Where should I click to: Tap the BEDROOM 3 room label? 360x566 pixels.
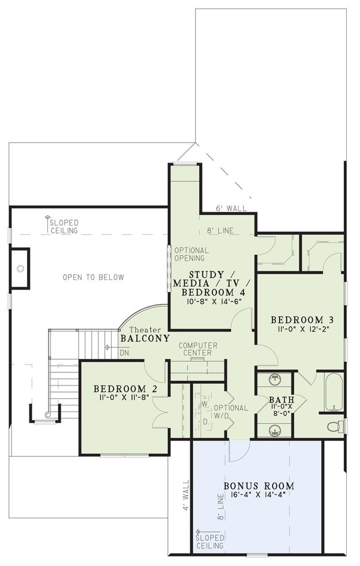click(x=299, y=319)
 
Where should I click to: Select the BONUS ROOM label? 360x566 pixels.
click(x=259, y=486)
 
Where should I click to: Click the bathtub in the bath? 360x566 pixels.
click(x=334, y=393)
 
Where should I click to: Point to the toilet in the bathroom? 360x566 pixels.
click(x=337, y=426)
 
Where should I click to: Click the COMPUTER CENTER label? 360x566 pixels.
click(x=198, y=350)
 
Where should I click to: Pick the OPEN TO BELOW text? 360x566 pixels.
click(x=93, y=277)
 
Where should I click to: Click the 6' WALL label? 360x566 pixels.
click(x=230, y=208)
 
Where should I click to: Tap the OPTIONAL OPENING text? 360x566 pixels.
click(x=191, y=254)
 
